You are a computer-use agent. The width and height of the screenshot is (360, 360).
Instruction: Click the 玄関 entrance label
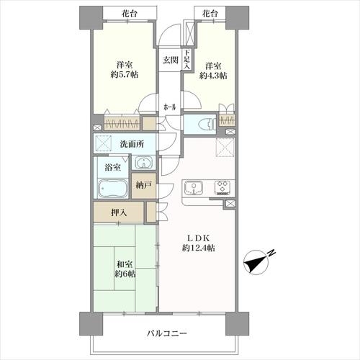click(169, 60)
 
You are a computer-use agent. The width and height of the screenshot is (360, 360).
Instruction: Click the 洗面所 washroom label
click(132, 143)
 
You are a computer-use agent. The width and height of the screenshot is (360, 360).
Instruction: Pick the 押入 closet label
click(120, 213)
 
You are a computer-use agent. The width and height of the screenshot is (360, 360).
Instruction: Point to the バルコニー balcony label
click(167, 333)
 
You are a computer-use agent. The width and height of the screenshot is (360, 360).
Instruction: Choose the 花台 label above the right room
click(209, 13)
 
